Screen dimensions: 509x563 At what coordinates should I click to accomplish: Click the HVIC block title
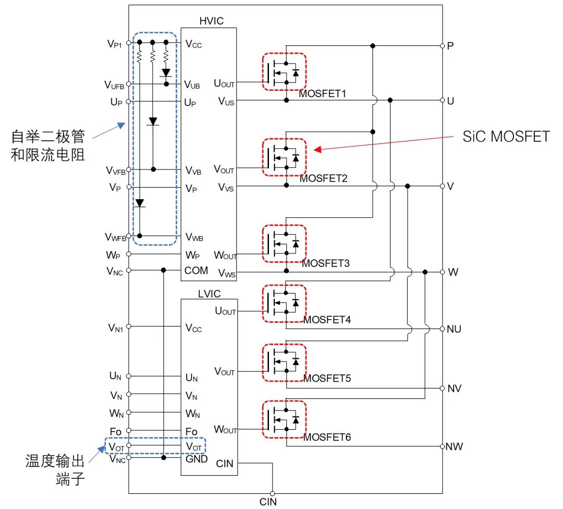point(211,20)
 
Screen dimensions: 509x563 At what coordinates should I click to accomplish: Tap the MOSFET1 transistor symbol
point(284,71)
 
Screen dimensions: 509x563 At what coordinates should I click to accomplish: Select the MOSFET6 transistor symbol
point(284,419)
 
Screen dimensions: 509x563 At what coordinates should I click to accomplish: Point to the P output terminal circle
point(442,45)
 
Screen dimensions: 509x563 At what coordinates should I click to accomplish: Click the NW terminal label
point(454,446)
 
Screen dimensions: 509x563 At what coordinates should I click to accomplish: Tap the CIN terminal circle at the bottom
point(272,493)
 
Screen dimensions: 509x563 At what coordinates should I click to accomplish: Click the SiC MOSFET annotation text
point(506,137)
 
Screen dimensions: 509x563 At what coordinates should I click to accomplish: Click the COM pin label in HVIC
point(196,270)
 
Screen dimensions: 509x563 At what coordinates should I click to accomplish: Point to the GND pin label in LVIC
point(197,459)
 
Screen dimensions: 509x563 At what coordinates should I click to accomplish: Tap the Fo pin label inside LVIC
point(191,432)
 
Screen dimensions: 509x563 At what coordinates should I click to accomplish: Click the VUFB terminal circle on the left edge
point(129,84)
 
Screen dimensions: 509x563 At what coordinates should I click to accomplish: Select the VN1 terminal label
point(116,328)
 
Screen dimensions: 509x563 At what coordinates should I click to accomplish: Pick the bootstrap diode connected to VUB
point(166,72)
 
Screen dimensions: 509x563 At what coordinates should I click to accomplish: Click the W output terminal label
point(452,272)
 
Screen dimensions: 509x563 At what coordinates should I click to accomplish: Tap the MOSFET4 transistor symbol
point(284,303)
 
